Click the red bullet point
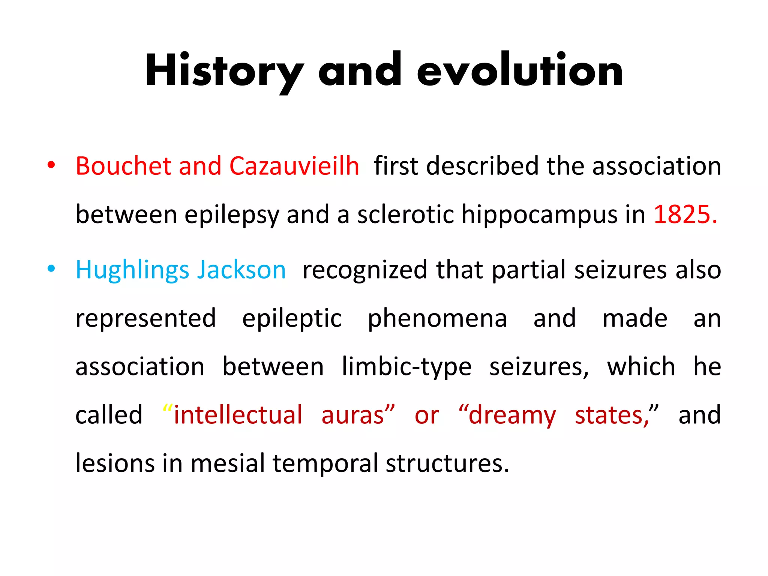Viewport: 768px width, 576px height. tap(51, 165)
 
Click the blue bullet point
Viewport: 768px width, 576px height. tap(51, 268)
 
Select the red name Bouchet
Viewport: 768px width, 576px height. tap(123, 166)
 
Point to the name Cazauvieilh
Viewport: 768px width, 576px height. tap(294, 166)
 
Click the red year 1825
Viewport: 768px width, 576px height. tap(685, 214)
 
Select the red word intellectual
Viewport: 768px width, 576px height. tap(238, 415)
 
